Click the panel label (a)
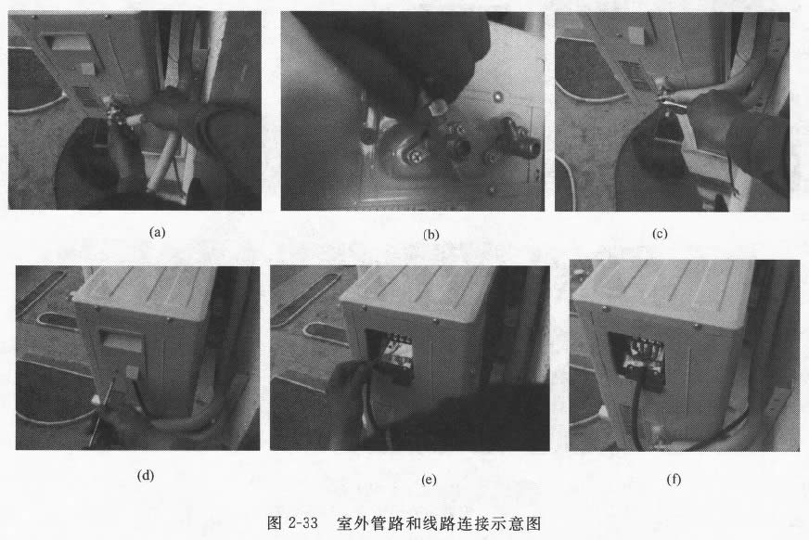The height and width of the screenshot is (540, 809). [157, 232]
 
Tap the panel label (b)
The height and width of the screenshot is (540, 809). [431, 234]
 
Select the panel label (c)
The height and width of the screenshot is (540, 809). [661, 234]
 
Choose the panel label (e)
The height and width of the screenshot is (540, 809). [428, 478]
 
